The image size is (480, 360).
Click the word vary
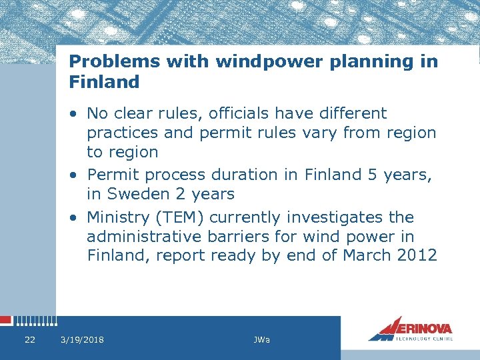pyautogui.click(x=319, y=133)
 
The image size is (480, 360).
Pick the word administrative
pyautogui.click(x=143, y=237)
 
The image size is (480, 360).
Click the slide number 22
pyautogui.click(x=29, y=340)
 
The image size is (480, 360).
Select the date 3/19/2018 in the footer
pyautogui.click(x=82, y=340)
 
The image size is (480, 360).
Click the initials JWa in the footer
pyautogui.click(x=262, y=340)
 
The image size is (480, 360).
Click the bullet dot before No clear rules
pyautogui.click(x=75, y=114)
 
